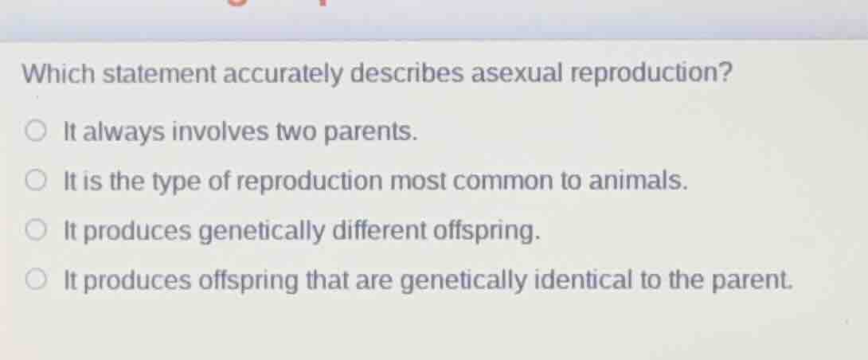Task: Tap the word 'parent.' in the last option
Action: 753,282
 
